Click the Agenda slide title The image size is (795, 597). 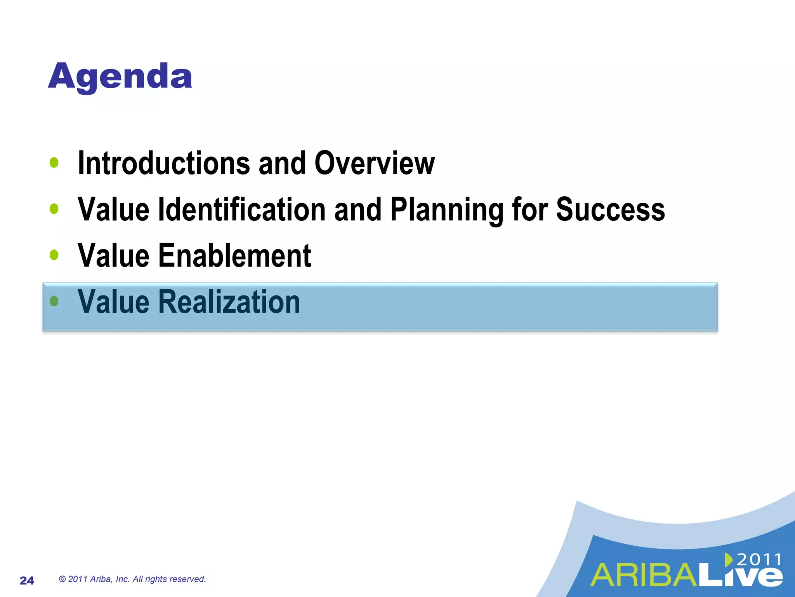(120, 77)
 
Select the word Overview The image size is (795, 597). (374, 163)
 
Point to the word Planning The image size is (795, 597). (446, 209)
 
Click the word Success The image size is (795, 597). (610, 209)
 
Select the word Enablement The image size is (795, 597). (234, 256)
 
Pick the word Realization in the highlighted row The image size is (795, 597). (229, 302)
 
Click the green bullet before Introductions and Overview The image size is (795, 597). (54, 162)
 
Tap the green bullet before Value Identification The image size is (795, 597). (54, 209)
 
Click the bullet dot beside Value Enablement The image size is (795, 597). (54, 255)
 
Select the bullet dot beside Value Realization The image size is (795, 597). (54, 301)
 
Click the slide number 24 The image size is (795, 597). (27, 580)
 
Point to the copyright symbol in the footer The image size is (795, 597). (62, 579)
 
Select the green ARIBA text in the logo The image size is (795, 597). (644, 576)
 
